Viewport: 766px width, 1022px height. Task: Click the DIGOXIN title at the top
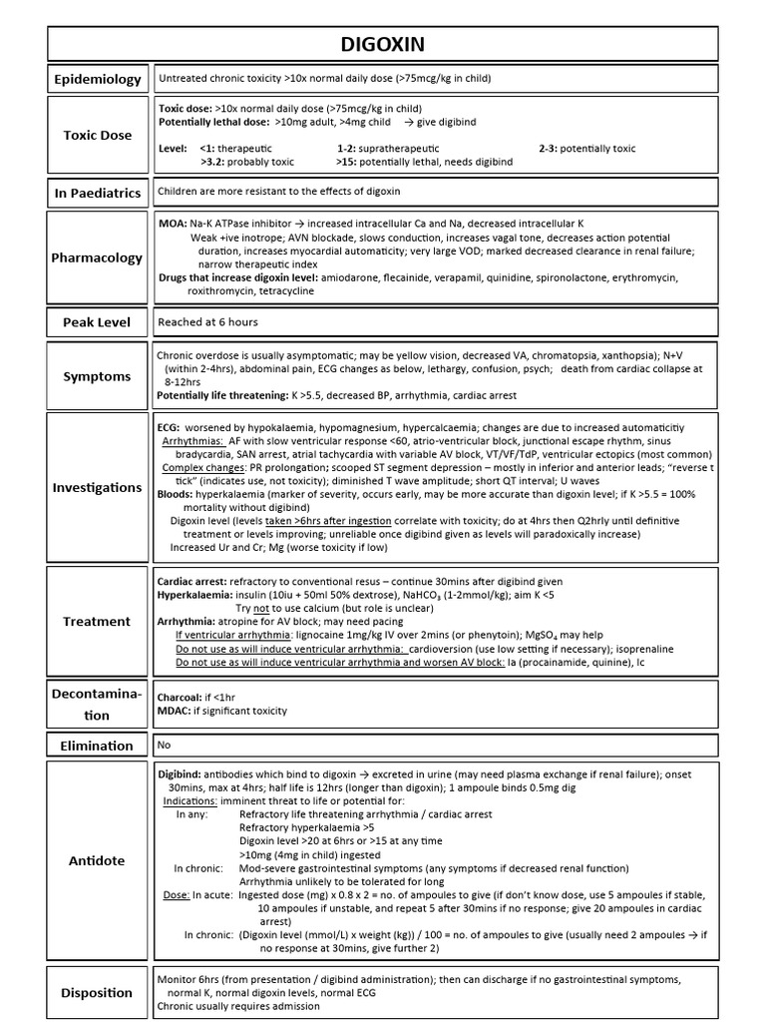(x=383, y=43)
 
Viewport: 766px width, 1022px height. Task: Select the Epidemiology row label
(x=98, y=79)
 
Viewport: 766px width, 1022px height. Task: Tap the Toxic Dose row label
(x=98, y=135)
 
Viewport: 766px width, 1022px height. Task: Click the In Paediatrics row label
(x=98, y=193)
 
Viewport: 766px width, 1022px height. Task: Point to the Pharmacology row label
(x=98, y=257)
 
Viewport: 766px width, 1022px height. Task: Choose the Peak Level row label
(x=98, y=322)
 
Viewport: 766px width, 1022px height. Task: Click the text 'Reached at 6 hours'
(x=207, y=322)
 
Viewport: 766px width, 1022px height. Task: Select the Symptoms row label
(x=98, y=376)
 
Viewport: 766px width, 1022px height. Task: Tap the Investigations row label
(x=98, y=487)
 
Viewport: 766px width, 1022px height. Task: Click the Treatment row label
(x=98, y=621)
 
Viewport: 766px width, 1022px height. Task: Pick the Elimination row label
(x=98, y=745)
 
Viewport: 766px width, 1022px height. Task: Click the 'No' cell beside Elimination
(x=166, y=744)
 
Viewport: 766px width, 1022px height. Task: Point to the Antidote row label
(x=98, y=860)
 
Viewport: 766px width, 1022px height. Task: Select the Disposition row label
(x=98, y=992)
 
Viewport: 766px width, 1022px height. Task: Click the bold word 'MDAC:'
(x=175, y=711)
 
